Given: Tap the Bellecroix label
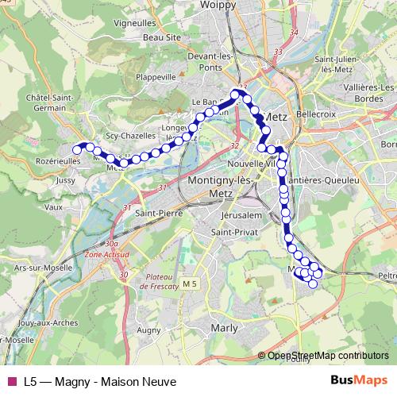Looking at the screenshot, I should [x=313, y=116].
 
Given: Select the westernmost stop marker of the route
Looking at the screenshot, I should [x=78, y=148].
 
